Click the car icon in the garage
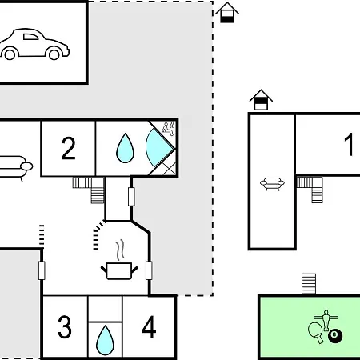coord(34,44)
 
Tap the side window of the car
coord(30,37)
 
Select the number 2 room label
coord(68,148)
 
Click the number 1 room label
coord(349,144)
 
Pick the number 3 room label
coord(65,327)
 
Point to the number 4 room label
coord(149,327)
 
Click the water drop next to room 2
coord(125,148)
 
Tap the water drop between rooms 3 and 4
coord(105,340)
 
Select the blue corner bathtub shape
coord(158,147)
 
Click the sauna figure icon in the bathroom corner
coord(169,128)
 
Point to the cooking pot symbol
coord(119,270)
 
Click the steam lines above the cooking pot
coord(120,250)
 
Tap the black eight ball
coord(335,336)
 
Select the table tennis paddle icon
coord(315,332)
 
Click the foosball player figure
coord(326,320)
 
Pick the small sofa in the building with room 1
coord(272,184)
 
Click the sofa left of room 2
coord(15,167)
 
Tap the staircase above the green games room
coord(309,283)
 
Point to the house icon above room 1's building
coord(261,100)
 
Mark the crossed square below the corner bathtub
coord(170,169)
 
